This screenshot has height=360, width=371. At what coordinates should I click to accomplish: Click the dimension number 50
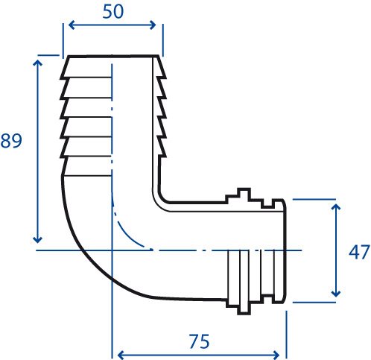pos(112,12)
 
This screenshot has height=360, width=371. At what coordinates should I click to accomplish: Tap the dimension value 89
pos(11,141)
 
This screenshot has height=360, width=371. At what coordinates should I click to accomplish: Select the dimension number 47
pos(359,252)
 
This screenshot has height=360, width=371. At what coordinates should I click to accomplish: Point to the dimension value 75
pos(199,341)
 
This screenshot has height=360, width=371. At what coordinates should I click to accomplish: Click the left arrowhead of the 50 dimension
pos(72,25)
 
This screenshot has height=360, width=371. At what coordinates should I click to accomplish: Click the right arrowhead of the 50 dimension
pos(153,25)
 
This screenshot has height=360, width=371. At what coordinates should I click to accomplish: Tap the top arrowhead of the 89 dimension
pos(37,63)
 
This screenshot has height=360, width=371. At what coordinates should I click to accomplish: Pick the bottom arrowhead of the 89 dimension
pos(37,240)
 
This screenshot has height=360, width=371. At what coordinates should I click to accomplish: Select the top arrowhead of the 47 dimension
pos(336,207)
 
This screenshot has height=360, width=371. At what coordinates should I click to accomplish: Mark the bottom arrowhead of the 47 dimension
pos(336,294)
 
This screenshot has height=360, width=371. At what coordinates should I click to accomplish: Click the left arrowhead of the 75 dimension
pos(121,355)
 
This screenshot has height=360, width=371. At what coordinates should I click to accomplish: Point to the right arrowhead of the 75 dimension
pos(276,355)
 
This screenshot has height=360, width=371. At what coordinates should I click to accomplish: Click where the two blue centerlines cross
pos(112,250)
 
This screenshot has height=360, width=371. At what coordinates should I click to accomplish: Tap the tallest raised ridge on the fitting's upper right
pos(244,193)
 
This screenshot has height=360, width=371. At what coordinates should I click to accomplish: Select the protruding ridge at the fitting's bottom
pos(244,309)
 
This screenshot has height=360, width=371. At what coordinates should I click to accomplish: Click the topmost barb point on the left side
pos(60,78)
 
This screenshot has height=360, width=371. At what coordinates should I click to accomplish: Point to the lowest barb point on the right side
pos(165,157)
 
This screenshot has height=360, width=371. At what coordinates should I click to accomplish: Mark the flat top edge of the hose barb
pos(113,57)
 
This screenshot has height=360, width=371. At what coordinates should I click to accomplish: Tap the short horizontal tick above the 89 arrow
pos(48,55)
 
